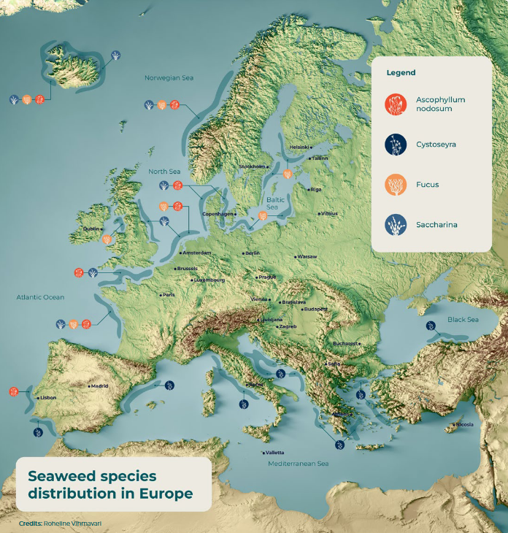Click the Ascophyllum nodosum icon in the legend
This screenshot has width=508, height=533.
pyautogui.click(x=396, y=104)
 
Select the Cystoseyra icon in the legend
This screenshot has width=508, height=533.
pyautogui.click(x=396, y=145)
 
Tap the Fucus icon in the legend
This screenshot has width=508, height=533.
pyautogui.click(x=396, y=185)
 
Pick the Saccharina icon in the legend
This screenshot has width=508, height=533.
pyautogui.click(x=396, y=225)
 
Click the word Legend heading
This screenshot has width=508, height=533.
pyautogui.click(x=401, y=73)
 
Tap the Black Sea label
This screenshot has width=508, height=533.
pyautogui.click(x=463, y=320)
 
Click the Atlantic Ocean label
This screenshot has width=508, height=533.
pyautogui.click(x=40, y=297)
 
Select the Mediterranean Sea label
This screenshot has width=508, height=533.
pyautogui.click(x=298, y=464)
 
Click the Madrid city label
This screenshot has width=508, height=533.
pyautogui.click(x=99, y=386)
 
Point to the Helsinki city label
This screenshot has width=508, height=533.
pyautogui.click(x=299, y=147)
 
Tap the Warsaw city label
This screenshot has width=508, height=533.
pyautogui.click(x=307, y=257)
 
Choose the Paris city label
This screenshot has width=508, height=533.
pyautogui.click(x=169, y=294)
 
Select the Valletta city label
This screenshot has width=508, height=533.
pyautogui.click(x=274, y=452)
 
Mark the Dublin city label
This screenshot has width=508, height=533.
pyautogui.click(x=91, y=229)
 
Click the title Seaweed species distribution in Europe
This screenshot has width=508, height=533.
pyautogui.click(x=110, y=485)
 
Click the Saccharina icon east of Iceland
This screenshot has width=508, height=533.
pyautogui.click(x=115, y=55)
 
